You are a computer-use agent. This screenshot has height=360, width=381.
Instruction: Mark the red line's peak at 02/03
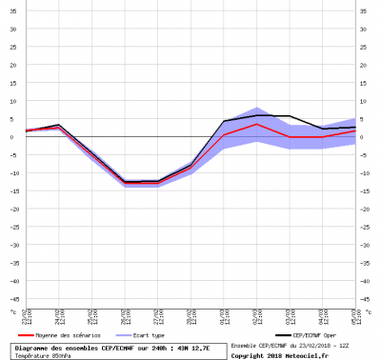point(254,124)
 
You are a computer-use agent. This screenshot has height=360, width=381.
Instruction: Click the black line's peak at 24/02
point(58,125)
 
